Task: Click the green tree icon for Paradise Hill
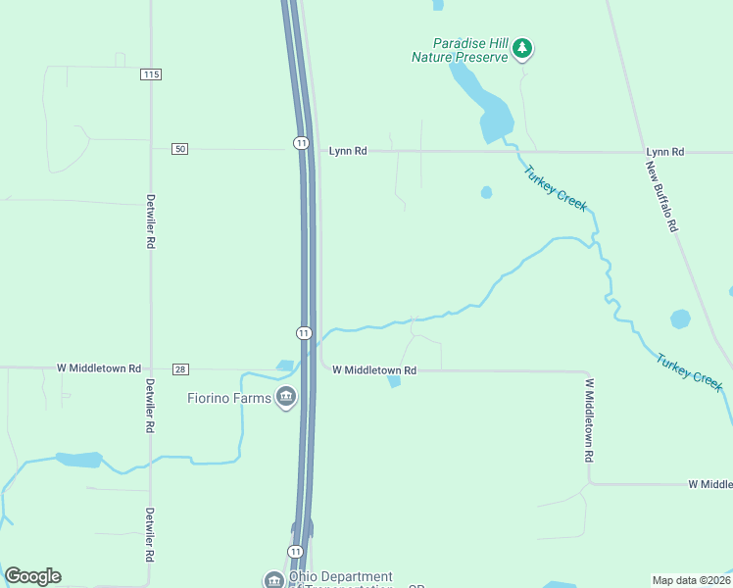tap(522, 47)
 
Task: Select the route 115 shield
tap(150, 74)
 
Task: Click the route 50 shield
tap(178, 148)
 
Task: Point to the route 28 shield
tap(178, 368)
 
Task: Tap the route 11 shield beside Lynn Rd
tap(301, 143)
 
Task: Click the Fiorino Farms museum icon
tap(286, 397)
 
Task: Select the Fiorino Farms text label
tap(229, 398)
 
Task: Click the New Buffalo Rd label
tap(661, 196)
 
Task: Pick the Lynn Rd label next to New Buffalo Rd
tap(664, 152)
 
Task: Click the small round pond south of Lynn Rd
tap(486, 192)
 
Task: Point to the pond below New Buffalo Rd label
tap(680, 318)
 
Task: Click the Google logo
tap(32, 576)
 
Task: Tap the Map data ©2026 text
tap(691, 579)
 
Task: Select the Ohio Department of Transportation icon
tap(273, 580)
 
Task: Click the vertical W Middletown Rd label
tap(590, 421)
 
